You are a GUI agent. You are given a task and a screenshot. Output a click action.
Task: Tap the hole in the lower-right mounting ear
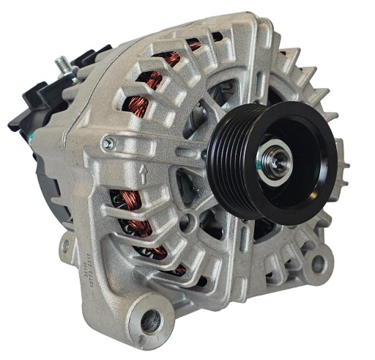[317, 262]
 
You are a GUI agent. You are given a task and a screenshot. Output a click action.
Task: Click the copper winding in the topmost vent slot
[194, 44]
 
